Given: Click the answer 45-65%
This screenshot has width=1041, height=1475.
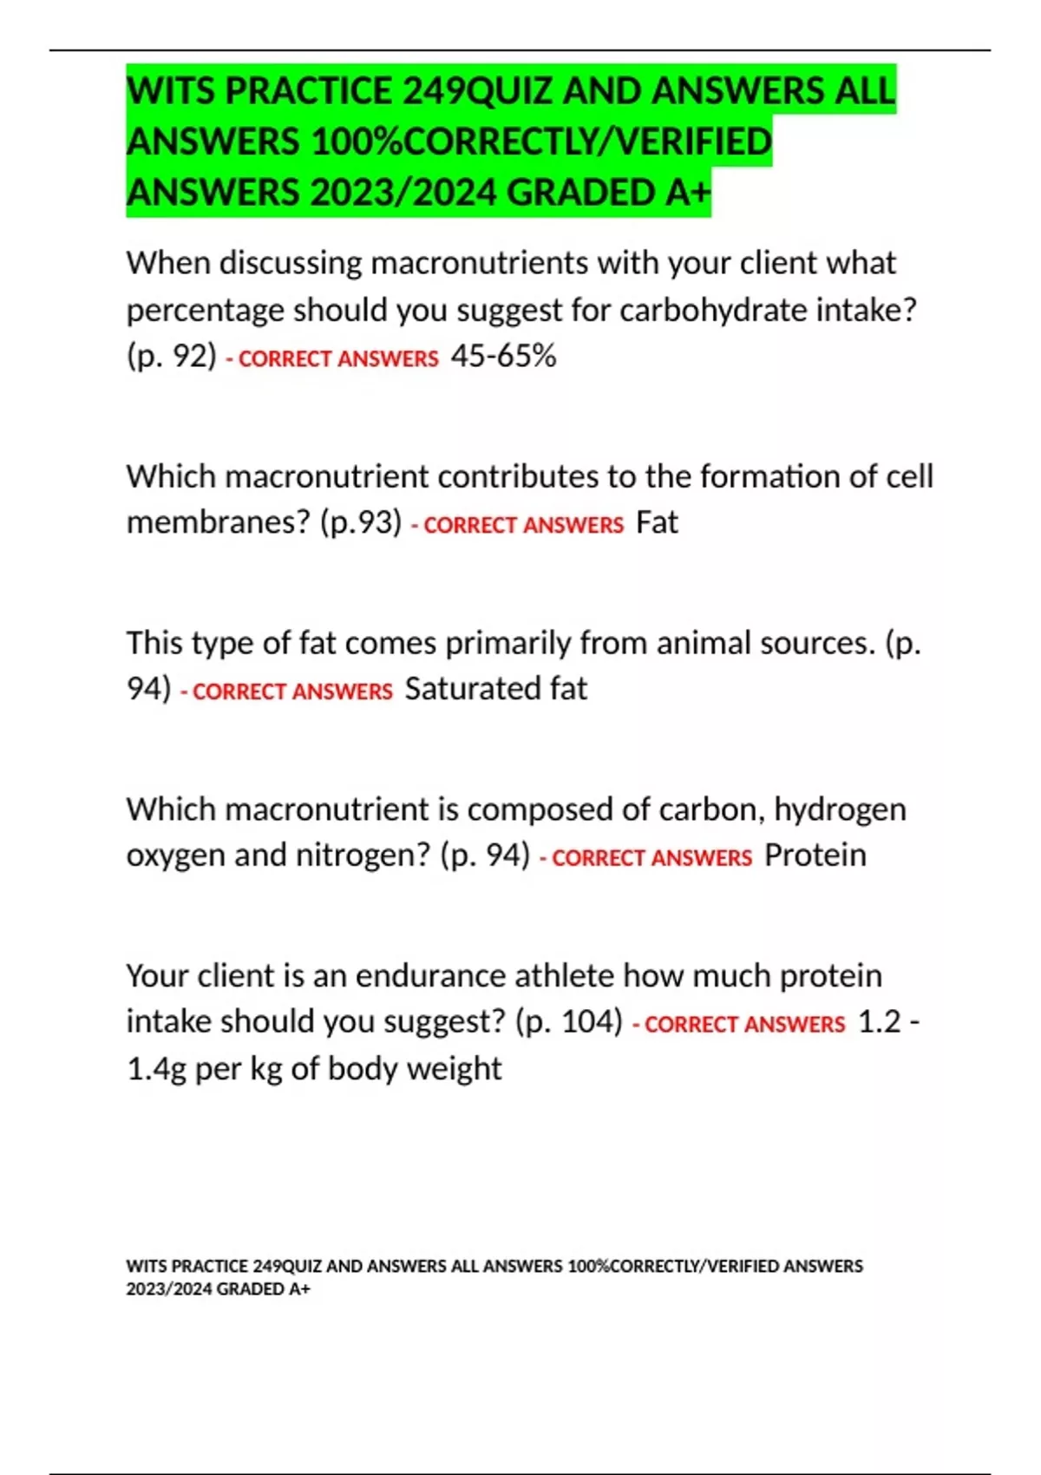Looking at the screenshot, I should click(503, 356).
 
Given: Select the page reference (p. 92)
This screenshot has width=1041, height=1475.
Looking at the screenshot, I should click(171, 356).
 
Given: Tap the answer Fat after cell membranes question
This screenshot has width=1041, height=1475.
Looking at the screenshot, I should click(657, 522).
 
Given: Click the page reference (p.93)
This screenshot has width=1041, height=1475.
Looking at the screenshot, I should click(360, 522).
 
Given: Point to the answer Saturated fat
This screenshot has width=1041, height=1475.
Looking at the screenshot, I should click(495, 689).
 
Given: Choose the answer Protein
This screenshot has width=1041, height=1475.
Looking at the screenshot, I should click(815, 855).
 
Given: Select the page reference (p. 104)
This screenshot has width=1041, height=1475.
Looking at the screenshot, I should click(568, 1022).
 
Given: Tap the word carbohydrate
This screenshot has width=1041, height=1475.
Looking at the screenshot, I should click(712, 310).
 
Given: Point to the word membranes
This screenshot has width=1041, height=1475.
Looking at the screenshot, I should click(218, 522).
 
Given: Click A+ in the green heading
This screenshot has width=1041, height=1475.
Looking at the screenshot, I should click(688, 193).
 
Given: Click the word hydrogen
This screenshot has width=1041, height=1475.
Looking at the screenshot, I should click(840, 810).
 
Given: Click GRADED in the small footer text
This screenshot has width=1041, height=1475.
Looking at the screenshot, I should click(251, 1289).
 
